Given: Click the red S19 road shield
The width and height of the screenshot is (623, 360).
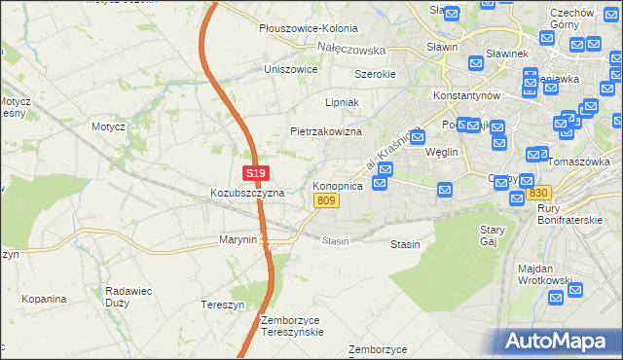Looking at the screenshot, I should (255, 174).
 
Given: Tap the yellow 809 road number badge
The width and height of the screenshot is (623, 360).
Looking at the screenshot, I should (327, 200).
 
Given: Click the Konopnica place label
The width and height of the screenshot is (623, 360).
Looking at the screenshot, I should (338, 185).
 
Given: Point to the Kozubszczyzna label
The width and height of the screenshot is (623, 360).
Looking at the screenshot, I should (247, 193).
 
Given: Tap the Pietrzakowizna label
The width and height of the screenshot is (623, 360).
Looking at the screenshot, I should (326, 131).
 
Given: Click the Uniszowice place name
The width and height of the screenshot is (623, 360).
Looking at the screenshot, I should (291, 70).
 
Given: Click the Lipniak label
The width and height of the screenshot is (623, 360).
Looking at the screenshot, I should (343, 101).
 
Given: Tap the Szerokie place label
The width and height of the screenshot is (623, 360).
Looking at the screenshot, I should (374, 74).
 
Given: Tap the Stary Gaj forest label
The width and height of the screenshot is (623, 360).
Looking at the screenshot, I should (492, 235).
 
